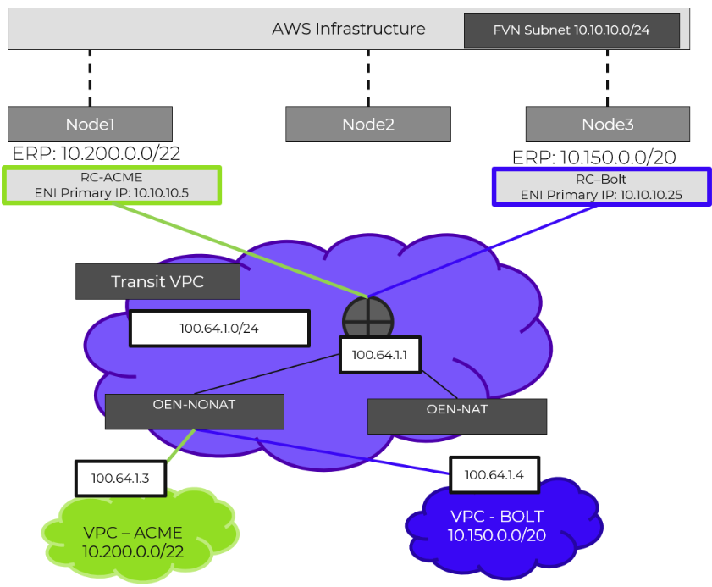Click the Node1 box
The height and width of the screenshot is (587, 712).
(x=90, y=124)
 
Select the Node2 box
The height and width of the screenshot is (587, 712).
(x=367, y=124)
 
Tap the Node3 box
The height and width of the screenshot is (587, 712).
(x=607, y=124)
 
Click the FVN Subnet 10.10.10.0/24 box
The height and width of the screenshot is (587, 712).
(x=572, y=30)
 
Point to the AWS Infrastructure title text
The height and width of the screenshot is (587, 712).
(x=348, y=29)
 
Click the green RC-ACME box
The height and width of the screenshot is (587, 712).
(x=112, y=186)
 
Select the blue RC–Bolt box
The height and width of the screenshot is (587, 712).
(x=602, y=186)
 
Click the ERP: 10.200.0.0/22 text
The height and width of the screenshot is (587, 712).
(x=97, y=153)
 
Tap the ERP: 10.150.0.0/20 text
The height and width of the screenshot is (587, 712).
(x=594, y=158)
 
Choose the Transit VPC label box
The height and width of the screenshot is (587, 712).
(x=157, y=281)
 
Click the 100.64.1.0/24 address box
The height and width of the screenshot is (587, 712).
(x=218, y=329)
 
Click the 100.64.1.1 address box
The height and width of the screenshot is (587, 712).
(x=379, y=354)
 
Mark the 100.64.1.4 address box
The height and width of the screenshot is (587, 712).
(x=494, y=475)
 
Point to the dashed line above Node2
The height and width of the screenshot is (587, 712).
(x=367, y=77)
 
